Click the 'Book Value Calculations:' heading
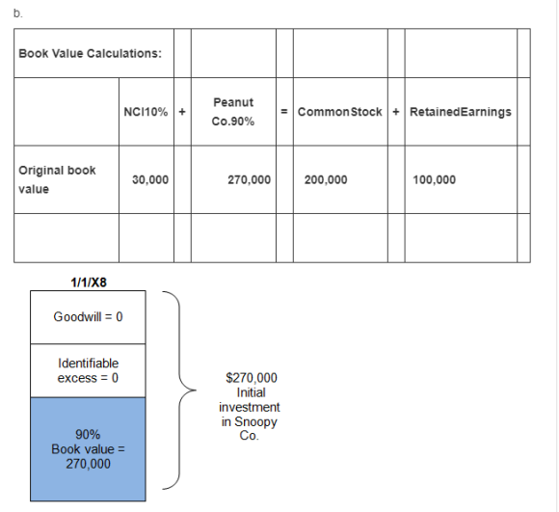tap(90, 53)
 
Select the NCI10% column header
tap(146, 112)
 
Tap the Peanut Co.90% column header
tap(233, 112)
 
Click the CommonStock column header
tap(340, 112)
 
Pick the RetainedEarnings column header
tap(461, 112)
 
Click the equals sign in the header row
tap(284, 112)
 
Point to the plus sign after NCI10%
tap(182, 112)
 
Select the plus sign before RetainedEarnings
tap(396, 112)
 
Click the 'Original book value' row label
tap(57, 179)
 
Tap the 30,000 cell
tap(150, 179)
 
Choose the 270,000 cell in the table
tap(250, 179)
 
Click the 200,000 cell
tap(326, 179)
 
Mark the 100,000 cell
tap(435, 179)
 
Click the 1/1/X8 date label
tap(89, 283)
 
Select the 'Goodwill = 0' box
tap(88, 317)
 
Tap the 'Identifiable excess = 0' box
tap(88, 371)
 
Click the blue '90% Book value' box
tap(88, 449)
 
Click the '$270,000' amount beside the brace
tap(252, 378)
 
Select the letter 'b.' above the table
tap(17, 13)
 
